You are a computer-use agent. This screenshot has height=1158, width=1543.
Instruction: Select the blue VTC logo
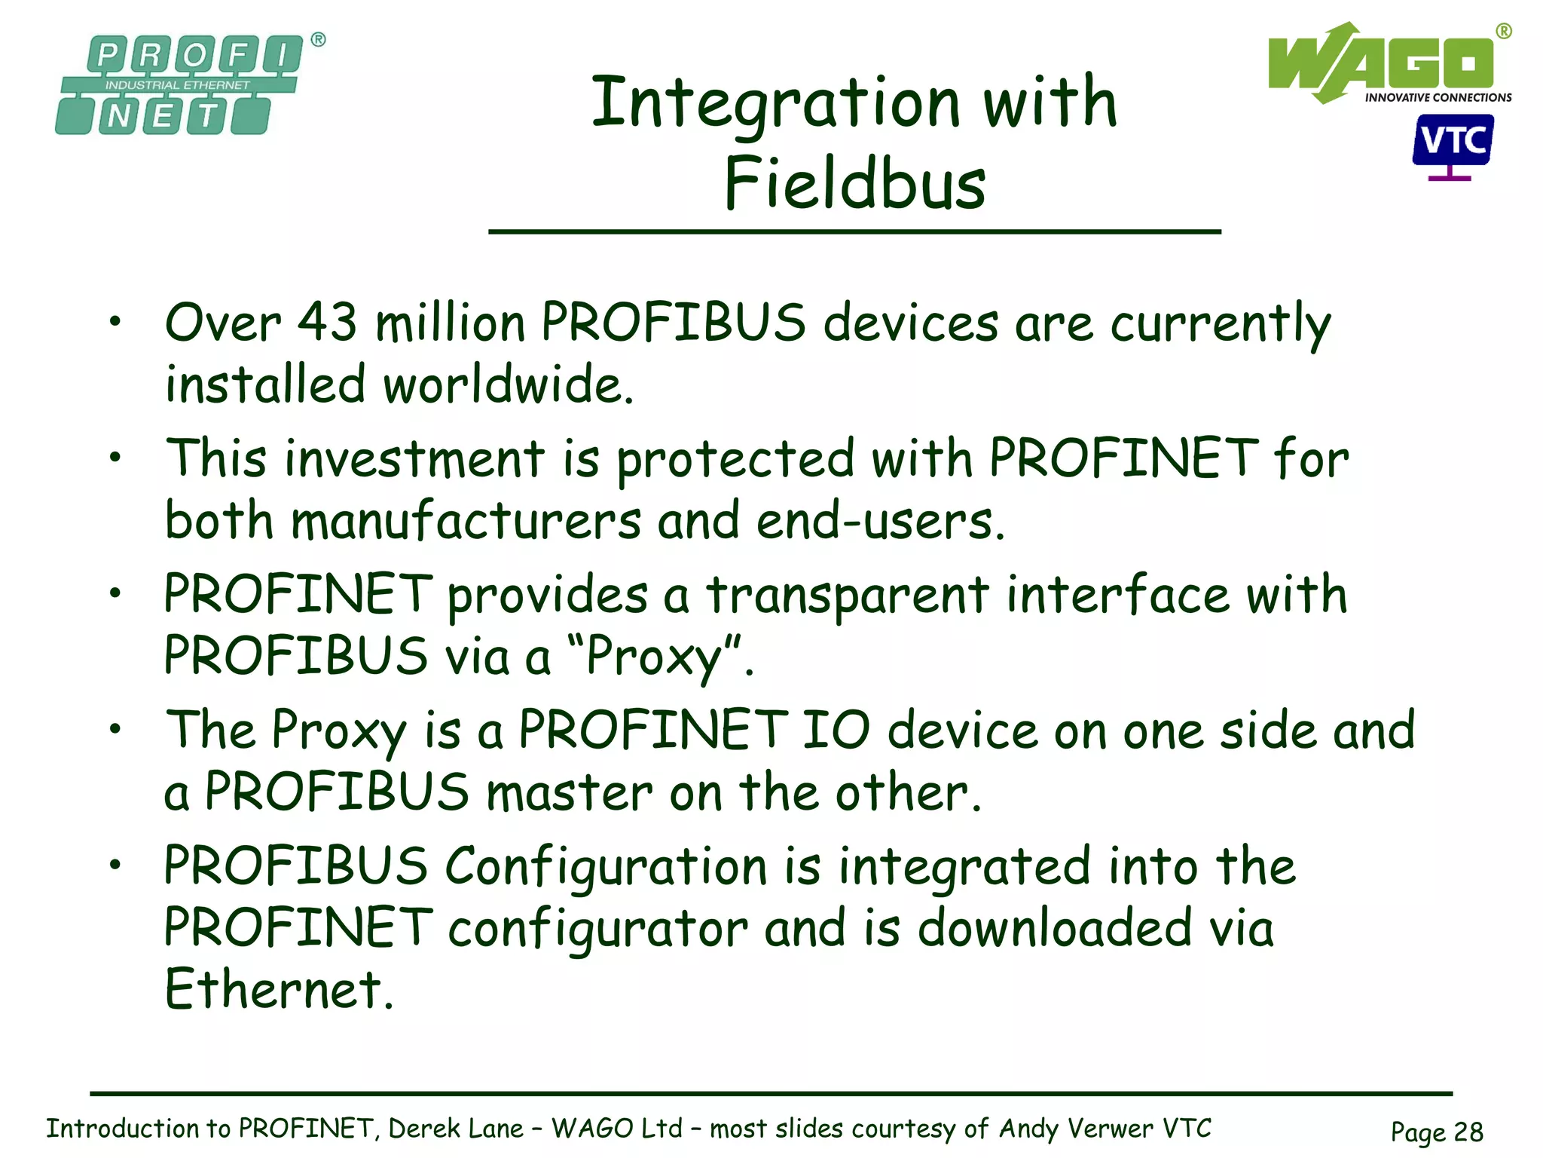(x=1452, y=143)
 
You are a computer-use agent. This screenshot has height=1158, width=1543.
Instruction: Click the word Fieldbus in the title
(x=855, y=183)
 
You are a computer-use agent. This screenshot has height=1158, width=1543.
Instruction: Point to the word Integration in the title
(x=776, y=104)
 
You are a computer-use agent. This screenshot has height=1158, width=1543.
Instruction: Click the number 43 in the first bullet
(x=328, y=323)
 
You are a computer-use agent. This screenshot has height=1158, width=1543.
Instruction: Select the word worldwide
(x=508, y=384)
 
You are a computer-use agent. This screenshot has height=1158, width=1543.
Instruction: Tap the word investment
(x=415, y=459)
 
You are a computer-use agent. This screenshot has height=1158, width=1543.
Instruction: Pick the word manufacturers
(x=467, y=521)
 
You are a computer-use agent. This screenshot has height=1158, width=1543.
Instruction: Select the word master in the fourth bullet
(x=570, y=793)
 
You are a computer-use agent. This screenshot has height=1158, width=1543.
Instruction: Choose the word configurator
(x=598, y=929)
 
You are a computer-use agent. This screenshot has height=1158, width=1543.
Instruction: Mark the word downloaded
(x=1055, y=929)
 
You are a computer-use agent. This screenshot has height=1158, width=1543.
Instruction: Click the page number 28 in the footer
(x=1468, y=1132)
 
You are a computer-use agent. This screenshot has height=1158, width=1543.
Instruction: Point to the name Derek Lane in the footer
(x=456, y=1129)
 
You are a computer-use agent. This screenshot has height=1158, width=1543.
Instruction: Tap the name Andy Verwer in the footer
(x=1077, y=1129)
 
